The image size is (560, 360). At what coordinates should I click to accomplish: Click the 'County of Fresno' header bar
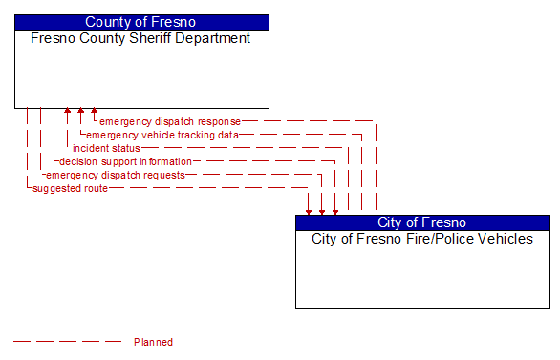(x=141, y=22)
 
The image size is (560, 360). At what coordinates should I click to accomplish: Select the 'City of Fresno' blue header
(x=422, y=222)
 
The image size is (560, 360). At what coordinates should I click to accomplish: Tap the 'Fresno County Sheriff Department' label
(x=141, y=39)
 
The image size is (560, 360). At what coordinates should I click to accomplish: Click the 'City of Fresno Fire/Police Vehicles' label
(x=422, y=239)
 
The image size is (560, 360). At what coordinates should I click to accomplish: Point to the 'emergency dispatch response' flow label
(x=170, y=121)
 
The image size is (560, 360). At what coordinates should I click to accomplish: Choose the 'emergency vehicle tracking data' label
(x=162, y=135)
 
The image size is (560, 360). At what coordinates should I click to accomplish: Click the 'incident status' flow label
(x=106, y=148)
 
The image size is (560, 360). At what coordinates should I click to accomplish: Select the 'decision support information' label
(x=125, y=161)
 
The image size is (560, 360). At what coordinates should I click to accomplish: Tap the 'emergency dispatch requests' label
(x=116, y=175)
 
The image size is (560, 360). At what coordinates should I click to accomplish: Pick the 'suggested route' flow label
(x=70, y=188)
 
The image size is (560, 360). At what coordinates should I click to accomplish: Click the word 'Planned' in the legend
(x=153, y=341)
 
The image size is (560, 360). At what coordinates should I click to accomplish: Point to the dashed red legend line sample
(x=67, y=341)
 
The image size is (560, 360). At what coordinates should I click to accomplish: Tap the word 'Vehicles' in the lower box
(x=506, y=239)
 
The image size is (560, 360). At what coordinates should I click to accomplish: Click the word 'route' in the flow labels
(x=96, y=188)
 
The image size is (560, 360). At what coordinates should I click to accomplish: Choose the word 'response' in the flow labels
(x=219, y=121)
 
